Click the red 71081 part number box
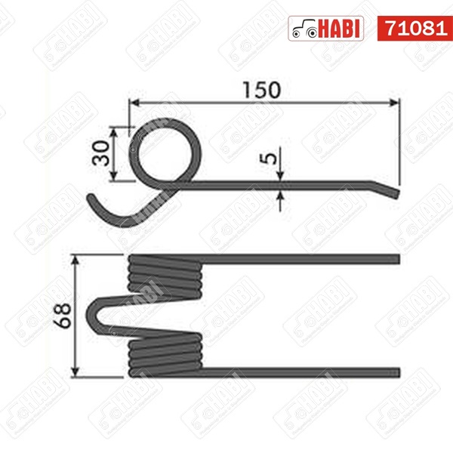click(414, 29)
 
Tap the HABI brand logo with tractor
click(326, 29)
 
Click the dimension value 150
click(262, 90)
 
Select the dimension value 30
click(101, 153)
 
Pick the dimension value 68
click(63, 315)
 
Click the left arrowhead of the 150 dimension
click(134, 103)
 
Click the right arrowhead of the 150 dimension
click(394, 103)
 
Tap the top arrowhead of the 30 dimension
click(114, 132)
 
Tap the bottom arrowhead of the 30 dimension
click(114, 176)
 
